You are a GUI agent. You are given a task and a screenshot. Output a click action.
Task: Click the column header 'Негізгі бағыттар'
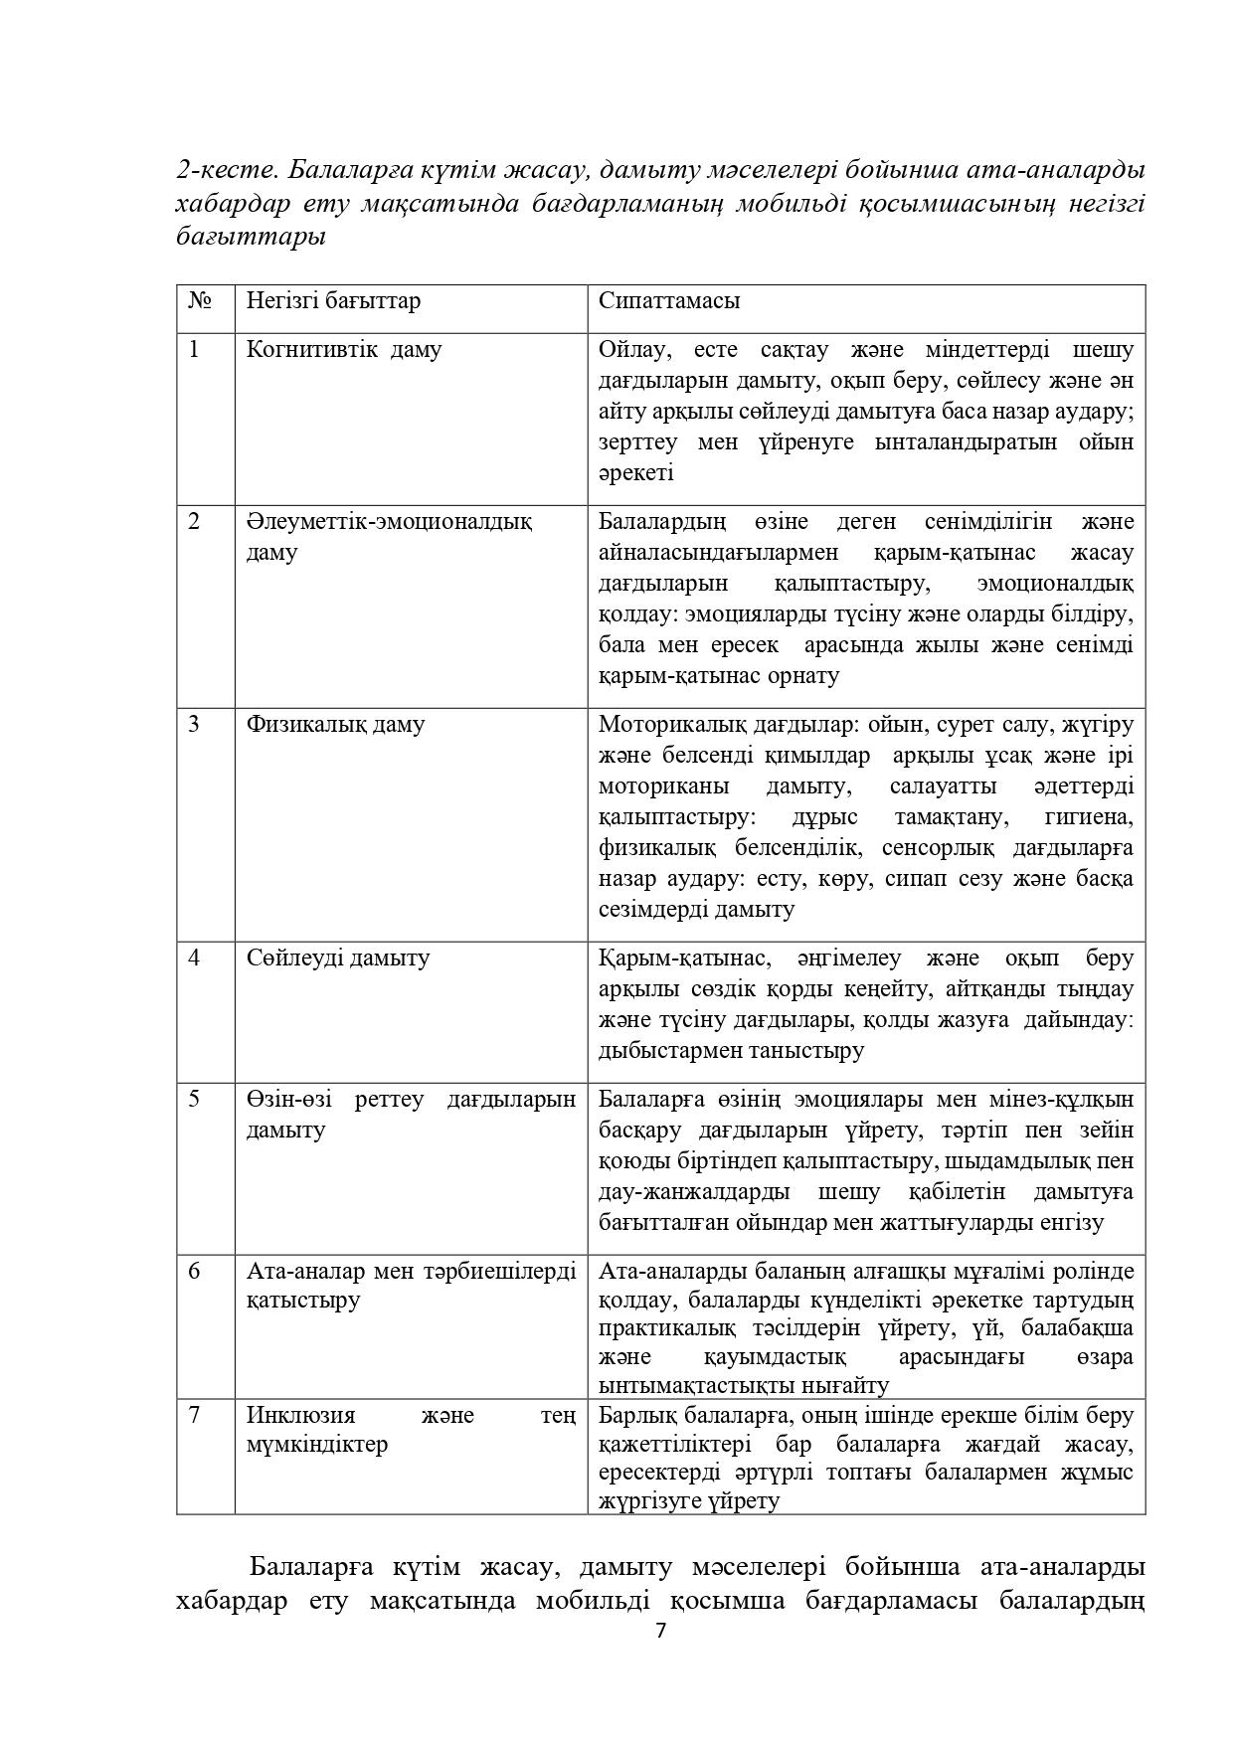coord(333,300)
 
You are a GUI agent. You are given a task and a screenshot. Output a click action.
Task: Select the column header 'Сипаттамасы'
coord(668,300)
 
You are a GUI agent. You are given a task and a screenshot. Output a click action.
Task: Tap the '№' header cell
coord(199,300)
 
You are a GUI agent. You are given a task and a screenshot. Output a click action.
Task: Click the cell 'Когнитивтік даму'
coord(344,350)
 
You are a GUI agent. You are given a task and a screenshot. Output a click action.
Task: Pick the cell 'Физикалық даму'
coord(335,724)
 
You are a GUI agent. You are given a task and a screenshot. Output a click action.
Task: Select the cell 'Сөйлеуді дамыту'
coord(338,958)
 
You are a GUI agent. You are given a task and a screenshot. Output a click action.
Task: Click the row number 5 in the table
coord(194,1099)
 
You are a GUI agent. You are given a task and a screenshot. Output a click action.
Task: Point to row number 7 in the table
coord(194,1414)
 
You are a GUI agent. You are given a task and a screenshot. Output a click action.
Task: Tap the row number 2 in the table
coord(194,521)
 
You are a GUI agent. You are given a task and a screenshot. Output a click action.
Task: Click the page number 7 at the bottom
coord(661,1632)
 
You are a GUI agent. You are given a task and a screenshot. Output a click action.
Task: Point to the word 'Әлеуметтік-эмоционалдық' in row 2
coord(389,521)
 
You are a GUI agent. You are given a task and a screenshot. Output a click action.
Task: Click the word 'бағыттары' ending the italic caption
coord(251,238)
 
